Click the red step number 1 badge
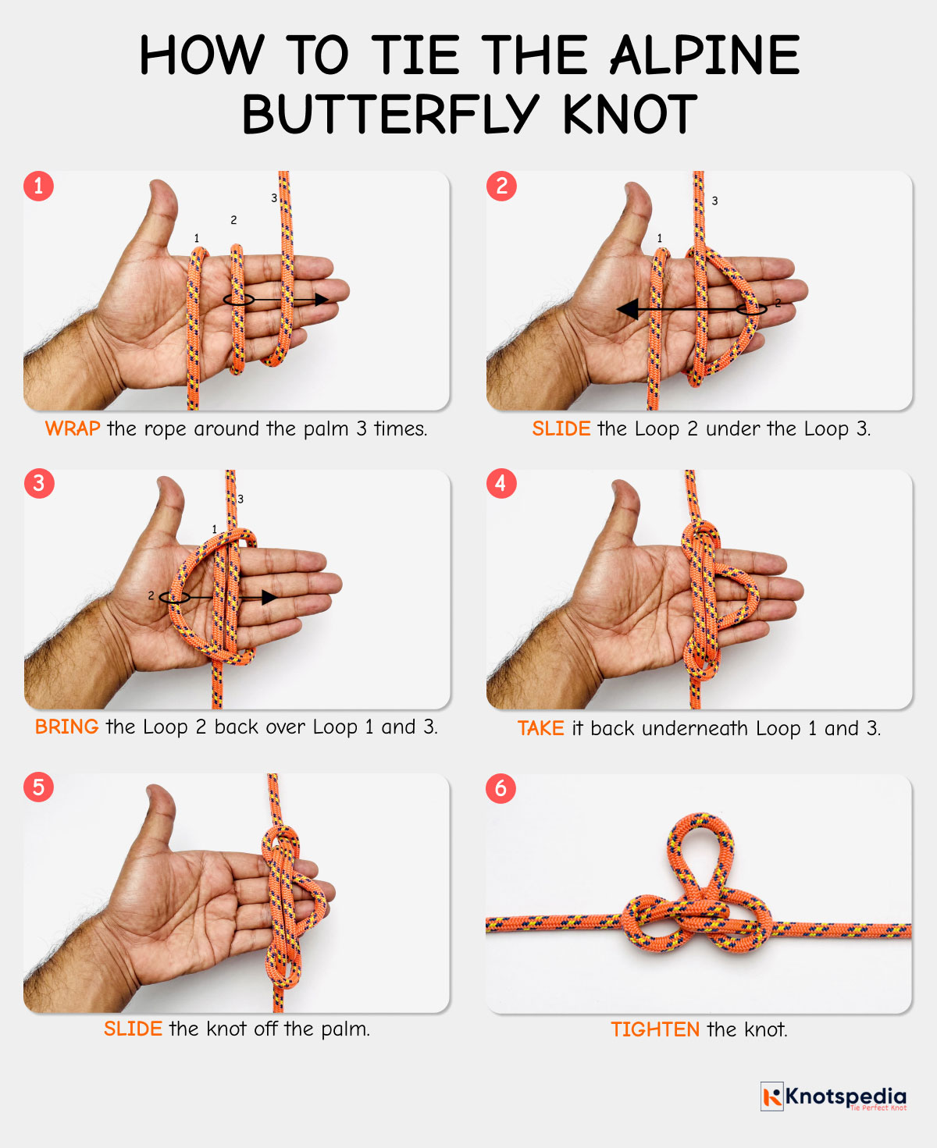pos(38,186)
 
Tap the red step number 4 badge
pos(501,484)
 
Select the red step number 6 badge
pos(501,788)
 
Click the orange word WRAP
pos(73,428)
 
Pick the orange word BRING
pos(66,727)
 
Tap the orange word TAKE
pos(540,728)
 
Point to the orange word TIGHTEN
pos(655,1029)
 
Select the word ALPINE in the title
pos(704,56)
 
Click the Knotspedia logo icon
pos(771,1096)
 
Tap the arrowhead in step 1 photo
pos(322,300)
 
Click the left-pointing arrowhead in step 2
pos(627,310)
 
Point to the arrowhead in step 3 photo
pos(269,598)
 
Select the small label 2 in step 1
pos(233,220)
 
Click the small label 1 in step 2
pos(659,238)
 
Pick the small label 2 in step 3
pos(151,595)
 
